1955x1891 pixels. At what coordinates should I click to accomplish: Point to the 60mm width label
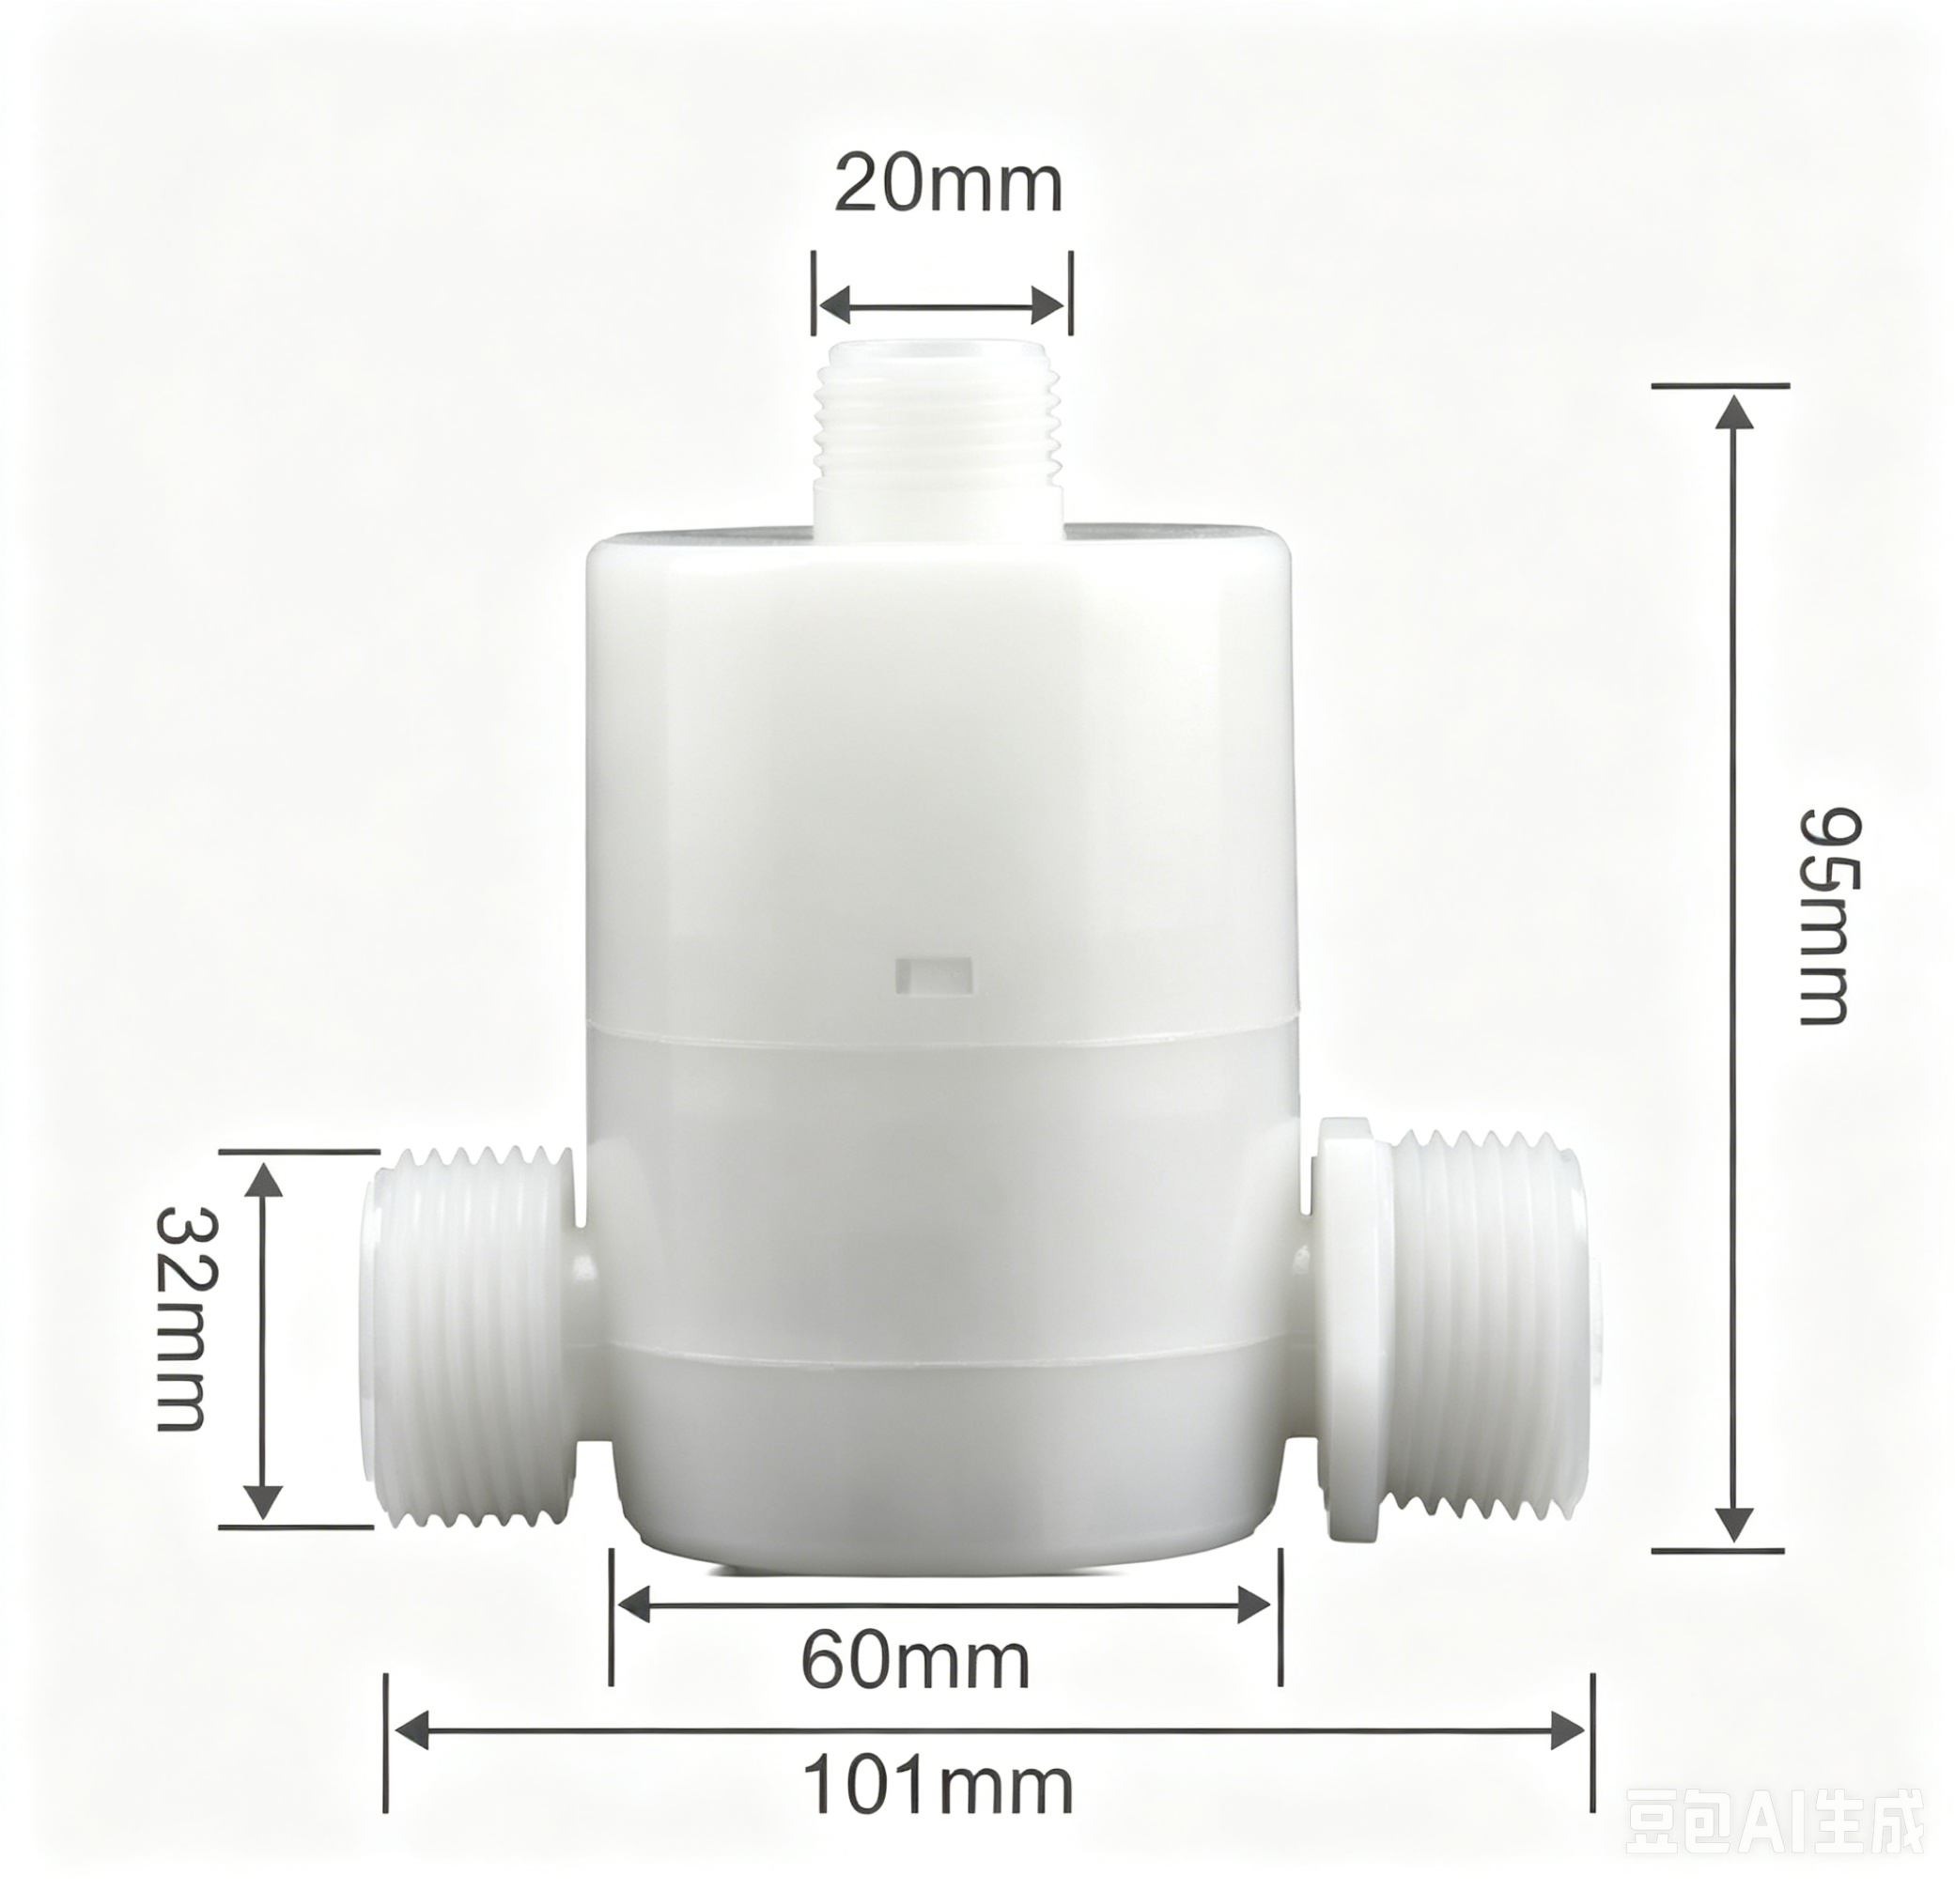coord(916,1662)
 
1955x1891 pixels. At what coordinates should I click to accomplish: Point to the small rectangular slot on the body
coord(935,975)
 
